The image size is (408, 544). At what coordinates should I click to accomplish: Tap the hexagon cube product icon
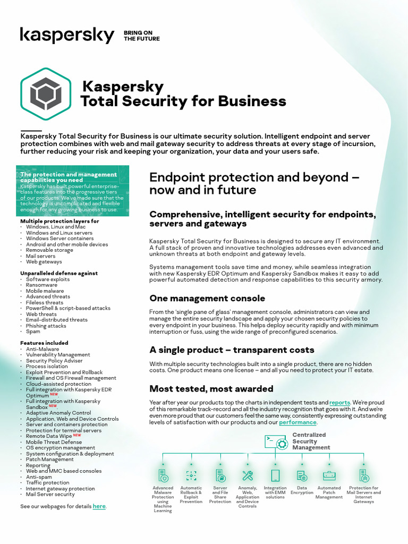46,94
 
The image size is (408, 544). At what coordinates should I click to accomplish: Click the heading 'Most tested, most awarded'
211,389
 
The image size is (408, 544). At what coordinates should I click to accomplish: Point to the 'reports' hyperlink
339,403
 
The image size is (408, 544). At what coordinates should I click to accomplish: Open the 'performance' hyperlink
297,422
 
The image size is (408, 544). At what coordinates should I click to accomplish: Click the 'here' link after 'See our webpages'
99,506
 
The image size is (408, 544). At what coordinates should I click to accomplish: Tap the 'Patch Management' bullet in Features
50,460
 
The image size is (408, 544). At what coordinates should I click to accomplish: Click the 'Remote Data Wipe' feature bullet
49,436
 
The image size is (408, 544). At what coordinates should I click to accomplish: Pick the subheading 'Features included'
44,343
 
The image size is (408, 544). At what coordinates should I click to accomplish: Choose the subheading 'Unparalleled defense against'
59,273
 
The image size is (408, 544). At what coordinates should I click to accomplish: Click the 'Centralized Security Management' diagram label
311,441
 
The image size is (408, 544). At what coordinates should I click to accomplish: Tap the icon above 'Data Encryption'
301,475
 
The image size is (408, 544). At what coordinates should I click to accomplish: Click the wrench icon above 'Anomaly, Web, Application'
247,475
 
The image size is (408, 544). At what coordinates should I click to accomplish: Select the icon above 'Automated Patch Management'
329,475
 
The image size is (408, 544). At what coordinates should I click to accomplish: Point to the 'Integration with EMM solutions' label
275,492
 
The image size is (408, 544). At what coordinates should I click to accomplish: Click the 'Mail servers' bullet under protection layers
40,256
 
